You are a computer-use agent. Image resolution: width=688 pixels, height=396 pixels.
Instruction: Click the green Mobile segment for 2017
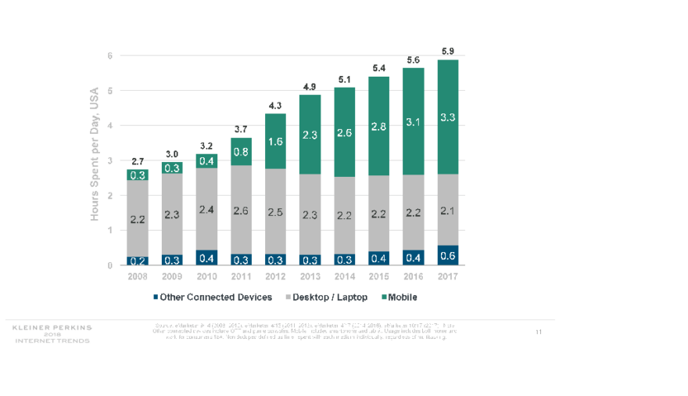(448, 117)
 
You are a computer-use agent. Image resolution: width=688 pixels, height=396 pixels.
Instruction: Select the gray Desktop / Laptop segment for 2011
(241, 210)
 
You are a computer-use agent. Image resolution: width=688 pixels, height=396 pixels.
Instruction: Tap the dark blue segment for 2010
(206, 257)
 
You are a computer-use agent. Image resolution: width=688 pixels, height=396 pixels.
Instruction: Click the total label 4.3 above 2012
(275, 105)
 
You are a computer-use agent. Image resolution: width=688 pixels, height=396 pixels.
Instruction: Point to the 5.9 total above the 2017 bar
(448, 52)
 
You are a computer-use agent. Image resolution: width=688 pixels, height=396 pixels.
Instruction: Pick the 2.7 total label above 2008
(138, 160)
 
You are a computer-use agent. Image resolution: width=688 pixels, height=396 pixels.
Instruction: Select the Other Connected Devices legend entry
(212, 297)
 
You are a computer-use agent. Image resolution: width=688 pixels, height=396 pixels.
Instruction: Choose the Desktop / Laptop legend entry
(328, 297)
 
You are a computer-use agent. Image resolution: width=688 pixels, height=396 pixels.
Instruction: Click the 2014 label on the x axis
(345, 276)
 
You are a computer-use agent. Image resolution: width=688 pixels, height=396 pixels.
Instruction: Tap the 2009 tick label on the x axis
(172, 276)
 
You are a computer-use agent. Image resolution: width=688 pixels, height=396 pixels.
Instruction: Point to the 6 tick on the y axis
(110, 56)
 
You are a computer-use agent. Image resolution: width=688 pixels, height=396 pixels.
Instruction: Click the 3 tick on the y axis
(110, 160)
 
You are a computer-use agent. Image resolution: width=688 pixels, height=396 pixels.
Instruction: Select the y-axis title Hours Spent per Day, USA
(95, 153)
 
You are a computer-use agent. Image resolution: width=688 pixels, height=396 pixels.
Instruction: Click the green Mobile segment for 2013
(310, 135)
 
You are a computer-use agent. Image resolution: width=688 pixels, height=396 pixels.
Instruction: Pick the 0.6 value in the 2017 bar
(448, 255)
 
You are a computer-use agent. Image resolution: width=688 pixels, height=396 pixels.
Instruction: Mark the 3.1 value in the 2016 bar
(414, 121)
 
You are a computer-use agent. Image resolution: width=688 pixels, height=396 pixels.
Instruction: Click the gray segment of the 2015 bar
(379, 214)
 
